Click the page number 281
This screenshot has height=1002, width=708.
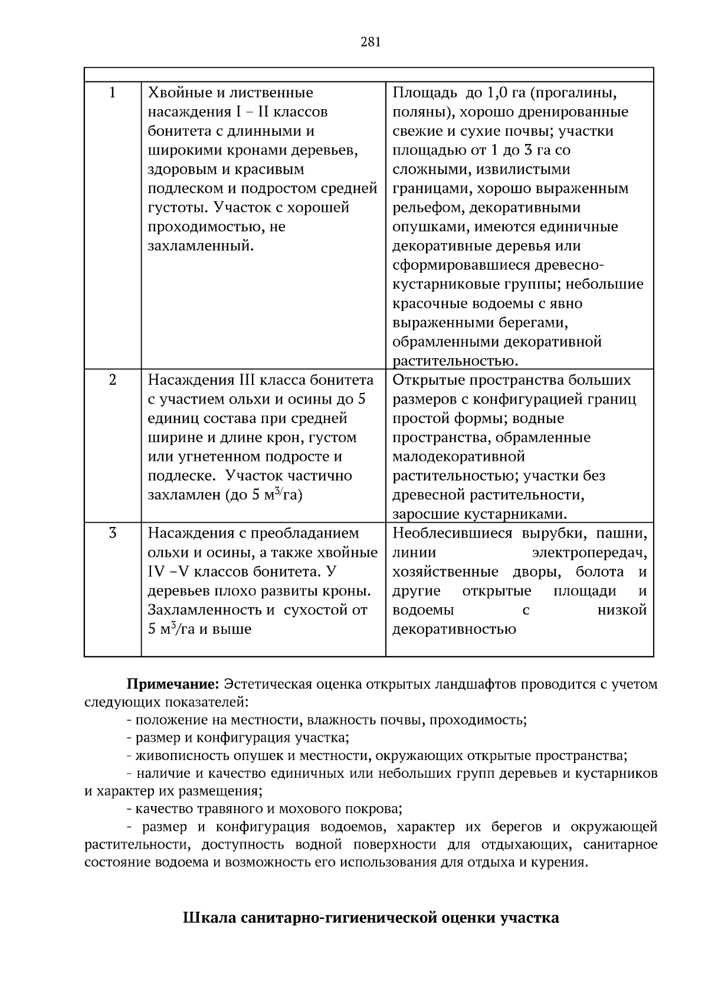point(370,41)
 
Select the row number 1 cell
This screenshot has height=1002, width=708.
point(113,93)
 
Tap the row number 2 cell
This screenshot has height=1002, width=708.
point(113,380)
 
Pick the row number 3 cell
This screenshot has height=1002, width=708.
point(113,533)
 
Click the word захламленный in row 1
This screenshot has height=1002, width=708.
point(200,246)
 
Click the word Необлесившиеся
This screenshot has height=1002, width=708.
point(453,533)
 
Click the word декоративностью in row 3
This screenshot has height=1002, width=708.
point(454,629)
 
